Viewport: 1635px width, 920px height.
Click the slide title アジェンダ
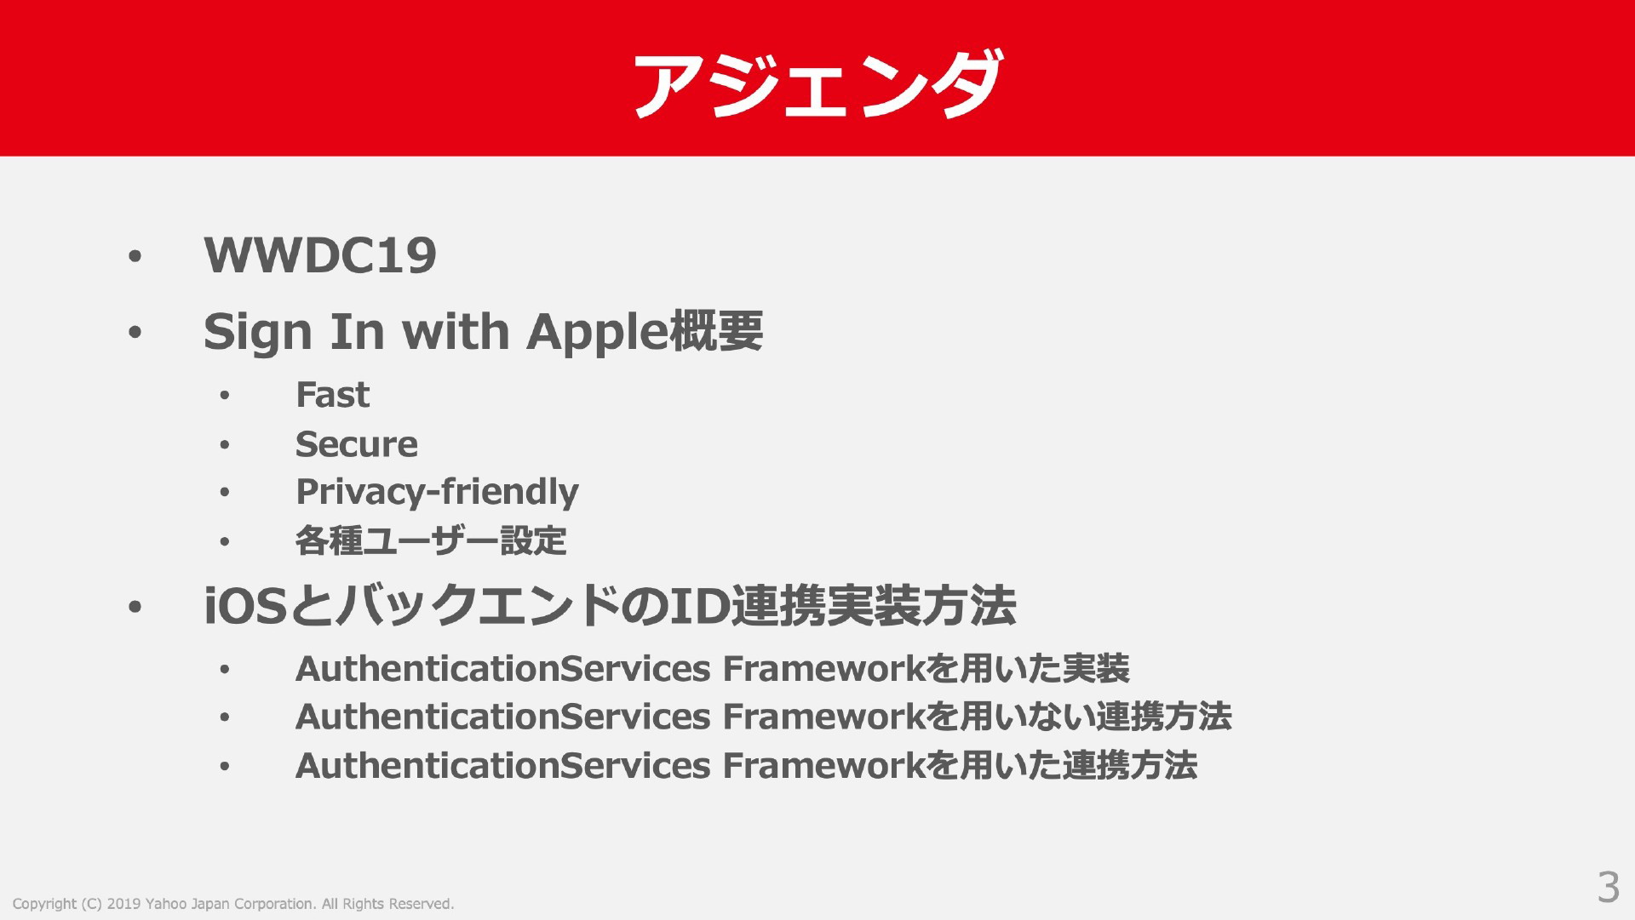coord(817,84)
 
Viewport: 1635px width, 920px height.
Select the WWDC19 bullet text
coord(320,254)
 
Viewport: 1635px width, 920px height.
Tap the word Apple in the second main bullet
coord(597,332)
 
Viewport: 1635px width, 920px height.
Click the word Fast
coord(332,395)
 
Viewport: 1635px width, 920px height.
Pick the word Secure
coord(356,444)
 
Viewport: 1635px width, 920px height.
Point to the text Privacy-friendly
coord(437,493)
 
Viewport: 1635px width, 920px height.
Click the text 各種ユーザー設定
coord(431,541)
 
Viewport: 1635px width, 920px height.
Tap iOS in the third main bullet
coord(244,607)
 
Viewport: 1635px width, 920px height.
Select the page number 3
coord(1608,888)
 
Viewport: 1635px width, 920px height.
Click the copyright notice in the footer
coord(233,904)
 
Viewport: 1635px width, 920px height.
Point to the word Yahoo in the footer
coord(165,904)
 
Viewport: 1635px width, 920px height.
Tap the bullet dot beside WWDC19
coord(134,257)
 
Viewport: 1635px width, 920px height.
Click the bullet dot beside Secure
coord(224,445)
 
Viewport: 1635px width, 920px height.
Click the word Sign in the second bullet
coord(257,332)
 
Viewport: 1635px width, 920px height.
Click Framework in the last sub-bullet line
coord(823,766)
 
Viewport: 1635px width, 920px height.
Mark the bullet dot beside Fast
coord(224,396)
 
